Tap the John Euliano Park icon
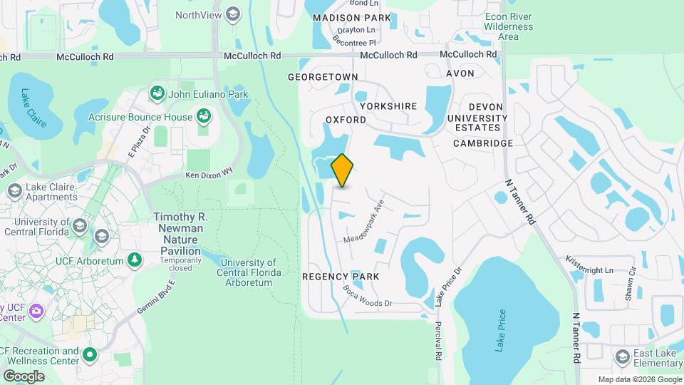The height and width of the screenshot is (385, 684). click(x=156, y=93)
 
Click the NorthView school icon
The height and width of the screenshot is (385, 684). click(x=233, y=14)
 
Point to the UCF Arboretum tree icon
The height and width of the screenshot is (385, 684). click(x=133, y=260)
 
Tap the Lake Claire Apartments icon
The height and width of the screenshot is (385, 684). click(x=14, y=191)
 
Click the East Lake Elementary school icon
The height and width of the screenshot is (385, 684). click(x=622, y=356)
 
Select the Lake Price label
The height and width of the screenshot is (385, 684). click(x=501, y=329)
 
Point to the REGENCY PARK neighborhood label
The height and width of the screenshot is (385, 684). click(x=341, y=276)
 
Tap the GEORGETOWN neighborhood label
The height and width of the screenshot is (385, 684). click(x=323, y=76)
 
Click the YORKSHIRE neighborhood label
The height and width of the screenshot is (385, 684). click(x=388, y=106)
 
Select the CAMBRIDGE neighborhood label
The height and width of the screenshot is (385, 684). click(x=484, y=143)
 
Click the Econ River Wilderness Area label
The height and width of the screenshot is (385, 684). click(x=508, y=26)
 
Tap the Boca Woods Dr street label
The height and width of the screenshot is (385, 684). click(x=368, y=296)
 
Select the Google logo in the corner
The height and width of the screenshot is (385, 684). click(x=24, y=376)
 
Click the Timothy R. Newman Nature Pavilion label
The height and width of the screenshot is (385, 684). click(x=179, y=233)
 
